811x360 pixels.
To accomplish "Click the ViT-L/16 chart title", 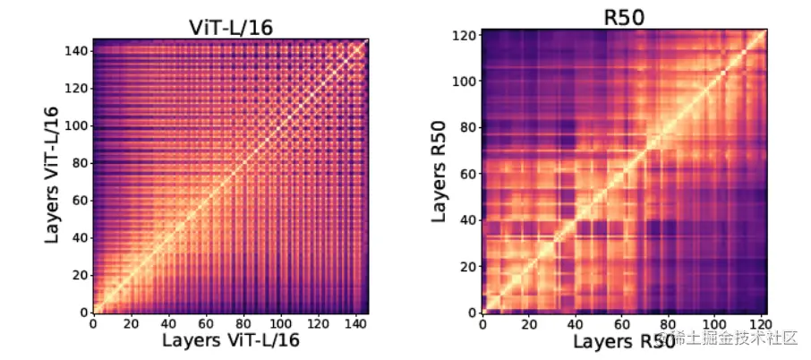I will pyautogui.click(x=231, y=27).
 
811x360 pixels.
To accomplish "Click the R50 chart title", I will pyautogui.click(x=624, y=16).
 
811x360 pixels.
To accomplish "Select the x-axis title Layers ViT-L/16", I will pyautogui.click(x=231, y=341).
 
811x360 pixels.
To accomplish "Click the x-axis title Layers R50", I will pyautogui.click(x=624, y=342).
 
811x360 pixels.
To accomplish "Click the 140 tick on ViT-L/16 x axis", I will pyautogui.click(x=357, y=323).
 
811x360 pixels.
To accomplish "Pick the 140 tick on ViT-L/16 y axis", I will pyautogui.click(x=75, y=51).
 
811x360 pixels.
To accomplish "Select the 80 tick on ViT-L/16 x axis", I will pyautogui.click(x=244, y=323).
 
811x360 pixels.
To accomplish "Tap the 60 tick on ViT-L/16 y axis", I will pyautogui.click(x=79, y=201).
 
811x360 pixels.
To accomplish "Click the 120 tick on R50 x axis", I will pyautogui.click(x=760, y=323).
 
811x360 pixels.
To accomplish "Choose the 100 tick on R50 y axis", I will pyautogui.click(x=464, y=81).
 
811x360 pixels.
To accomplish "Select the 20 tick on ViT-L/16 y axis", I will pyautogui.click(x=79, y=275).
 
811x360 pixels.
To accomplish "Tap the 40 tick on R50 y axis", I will pyautogui.click(x=467, y=219).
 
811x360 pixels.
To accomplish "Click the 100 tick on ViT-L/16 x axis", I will pyautogui.click(x=282, y=323).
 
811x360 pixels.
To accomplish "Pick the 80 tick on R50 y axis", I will pyautogui.click(x=467, y=127).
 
